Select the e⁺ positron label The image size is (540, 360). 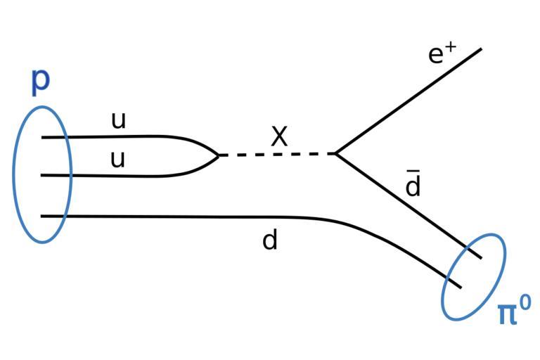tap(442, 54)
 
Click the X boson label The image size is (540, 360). tap(279, 137)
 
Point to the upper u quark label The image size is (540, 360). tap(118, 121)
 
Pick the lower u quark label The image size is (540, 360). tap(117, 160)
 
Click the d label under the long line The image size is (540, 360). tap(270, 240)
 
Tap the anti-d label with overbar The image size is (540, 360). tap(413, 186)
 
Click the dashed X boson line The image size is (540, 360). tap(278, 154)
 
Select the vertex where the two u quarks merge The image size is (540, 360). tap(219, 155)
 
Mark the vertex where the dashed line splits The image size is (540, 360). tap(335, 153)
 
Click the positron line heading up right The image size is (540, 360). tap(408, 101)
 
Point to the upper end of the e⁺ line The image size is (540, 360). tap(481, 49)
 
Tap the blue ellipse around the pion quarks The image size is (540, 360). tap(474, 277)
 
